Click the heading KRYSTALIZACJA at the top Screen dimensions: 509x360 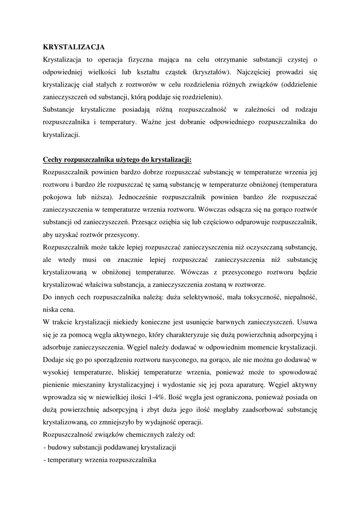pyautogui.click(x=74, y=47)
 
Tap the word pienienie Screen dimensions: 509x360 pyautogui.click(x=57, y=385)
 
